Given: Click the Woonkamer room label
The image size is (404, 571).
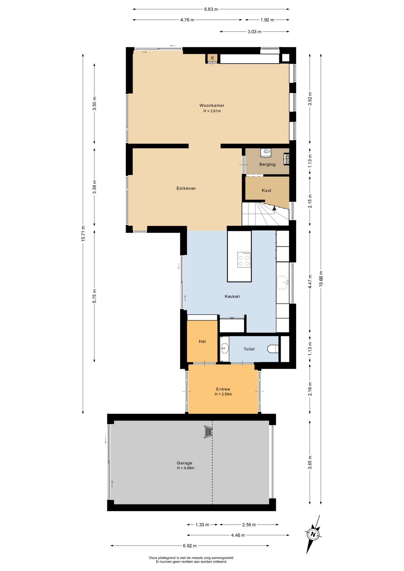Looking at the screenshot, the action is click(x=212, y=105).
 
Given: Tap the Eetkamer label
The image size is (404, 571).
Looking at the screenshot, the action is click(x=186, y=188).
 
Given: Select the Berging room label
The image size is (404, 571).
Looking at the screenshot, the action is click(x=267, y=164).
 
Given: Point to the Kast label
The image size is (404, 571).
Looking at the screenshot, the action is click(x=267, y=190).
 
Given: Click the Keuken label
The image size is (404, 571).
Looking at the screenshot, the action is click(x=232, y=296).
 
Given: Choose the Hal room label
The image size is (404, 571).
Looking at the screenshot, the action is click(x=202, y=341).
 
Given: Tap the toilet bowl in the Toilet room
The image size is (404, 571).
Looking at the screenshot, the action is click(x=273, y=349).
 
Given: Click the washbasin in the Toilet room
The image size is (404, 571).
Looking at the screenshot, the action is click(x=225, y=348).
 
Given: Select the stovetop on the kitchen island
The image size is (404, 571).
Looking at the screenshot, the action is click(x=244, y=260).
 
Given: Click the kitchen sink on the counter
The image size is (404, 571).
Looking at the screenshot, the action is click(x=283, y=282).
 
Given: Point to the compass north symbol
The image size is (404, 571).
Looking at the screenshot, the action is click(x=313, y=534).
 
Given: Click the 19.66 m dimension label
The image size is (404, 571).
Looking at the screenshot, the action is click(x=321, y=279).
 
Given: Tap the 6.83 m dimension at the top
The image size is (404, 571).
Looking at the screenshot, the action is click(x=211, y=9).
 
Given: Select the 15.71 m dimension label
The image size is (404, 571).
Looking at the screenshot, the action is click(x=83, y=233).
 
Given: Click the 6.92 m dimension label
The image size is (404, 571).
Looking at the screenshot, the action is click(x=190, y=546).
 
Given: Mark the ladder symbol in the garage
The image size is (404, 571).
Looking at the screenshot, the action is click(x=208, y=432).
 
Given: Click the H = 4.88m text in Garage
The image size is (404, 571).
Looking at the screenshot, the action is click(x=186, y=468).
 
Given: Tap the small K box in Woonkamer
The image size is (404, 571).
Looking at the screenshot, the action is click(x=212, y=58).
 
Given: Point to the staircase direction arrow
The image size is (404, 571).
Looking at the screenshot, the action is click(x=274, y=208).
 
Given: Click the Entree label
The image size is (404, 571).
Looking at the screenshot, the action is click(x=223, y=389).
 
